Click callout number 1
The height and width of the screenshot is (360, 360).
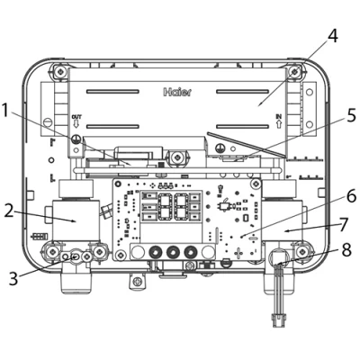click(7, 111)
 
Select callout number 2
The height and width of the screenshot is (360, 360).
click(10, 211)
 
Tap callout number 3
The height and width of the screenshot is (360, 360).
click(13, 278)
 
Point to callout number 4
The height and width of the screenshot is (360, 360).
click(332, 36)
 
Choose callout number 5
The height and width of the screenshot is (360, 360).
click(350, 116)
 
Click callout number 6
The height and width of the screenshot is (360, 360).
click(351, 196)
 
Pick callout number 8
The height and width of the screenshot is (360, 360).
click(346, 249)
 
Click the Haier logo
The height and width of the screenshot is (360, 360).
click(177, 92)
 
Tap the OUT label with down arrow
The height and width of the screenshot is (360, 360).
click(76, 121)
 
